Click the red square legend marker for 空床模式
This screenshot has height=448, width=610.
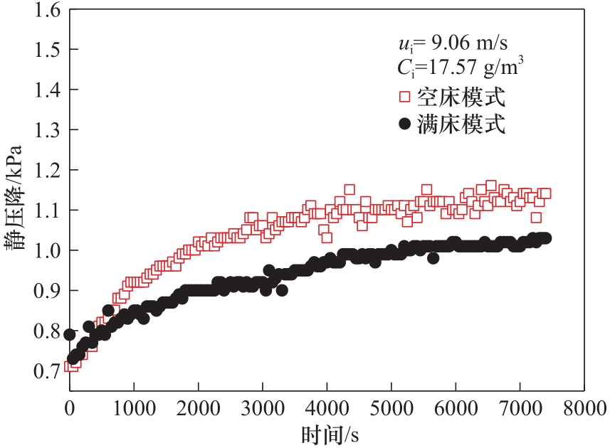tap(405, 96)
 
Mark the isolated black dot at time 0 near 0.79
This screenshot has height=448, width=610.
tap(70, 334)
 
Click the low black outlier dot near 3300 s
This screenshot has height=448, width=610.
tap(282, 290)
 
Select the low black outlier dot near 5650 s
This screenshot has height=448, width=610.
tap(433, 258)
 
